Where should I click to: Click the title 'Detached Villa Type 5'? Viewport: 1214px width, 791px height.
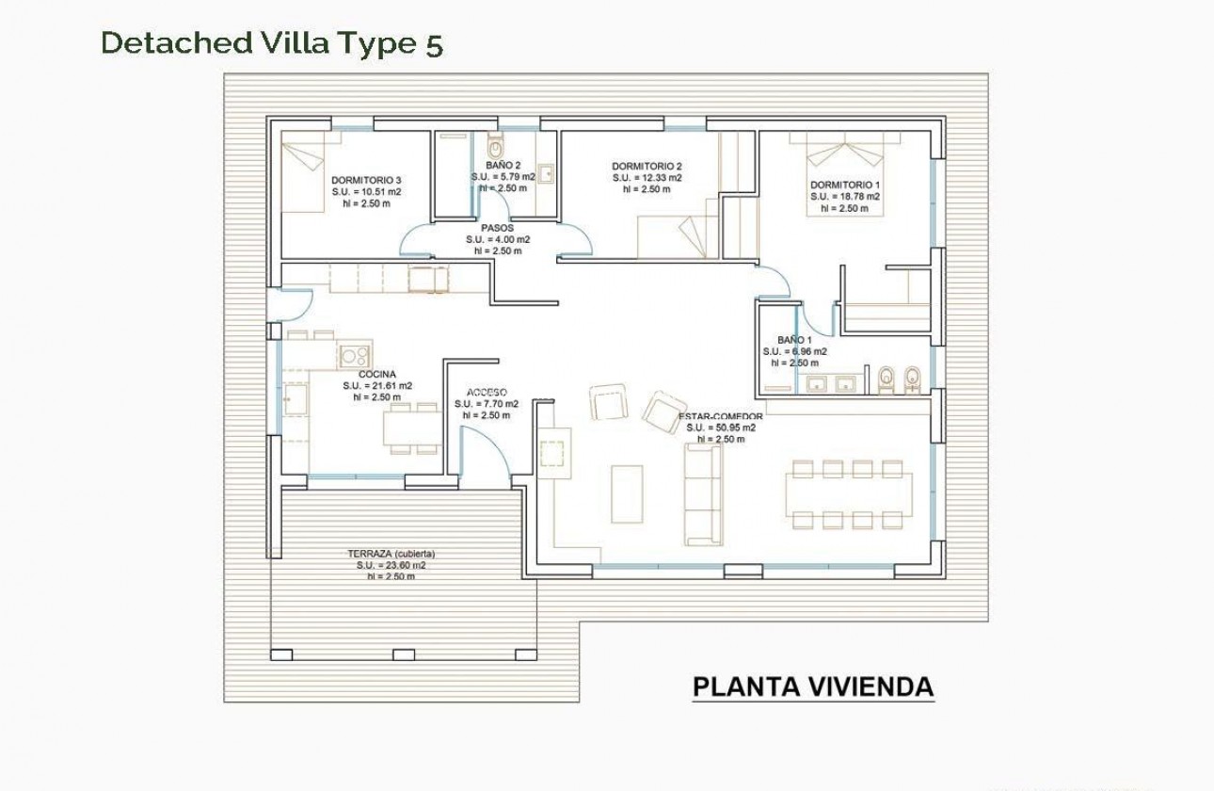[271, 43]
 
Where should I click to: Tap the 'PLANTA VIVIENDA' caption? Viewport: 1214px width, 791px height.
[812, 686]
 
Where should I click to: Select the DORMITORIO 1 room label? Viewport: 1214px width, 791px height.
[845, 185]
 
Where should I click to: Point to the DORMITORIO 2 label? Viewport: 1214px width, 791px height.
[647, 166]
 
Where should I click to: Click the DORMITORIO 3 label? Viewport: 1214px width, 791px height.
[366, 180]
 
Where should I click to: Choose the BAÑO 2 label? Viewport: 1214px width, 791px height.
[503, 165]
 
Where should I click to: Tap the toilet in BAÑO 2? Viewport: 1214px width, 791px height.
[496, 148]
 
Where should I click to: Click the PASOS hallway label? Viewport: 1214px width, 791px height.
[497, 228]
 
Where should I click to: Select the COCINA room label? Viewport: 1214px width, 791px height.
[376, 374]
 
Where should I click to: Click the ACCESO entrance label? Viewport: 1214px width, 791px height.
[487, 392]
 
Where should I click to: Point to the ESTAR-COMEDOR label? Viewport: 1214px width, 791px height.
[720, 415]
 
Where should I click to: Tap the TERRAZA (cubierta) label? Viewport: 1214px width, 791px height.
[391, 554]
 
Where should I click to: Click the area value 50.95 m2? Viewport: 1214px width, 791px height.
[721, 428]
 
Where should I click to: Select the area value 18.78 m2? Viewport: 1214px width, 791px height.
[845, 197]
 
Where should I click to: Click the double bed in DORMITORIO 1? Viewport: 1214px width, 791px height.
[845, 169]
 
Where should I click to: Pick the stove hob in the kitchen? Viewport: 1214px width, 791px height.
[355, 354]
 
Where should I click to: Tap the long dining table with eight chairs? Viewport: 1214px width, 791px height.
[849, 493]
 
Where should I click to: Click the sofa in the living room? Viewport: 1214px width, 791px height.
[703, 494]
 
